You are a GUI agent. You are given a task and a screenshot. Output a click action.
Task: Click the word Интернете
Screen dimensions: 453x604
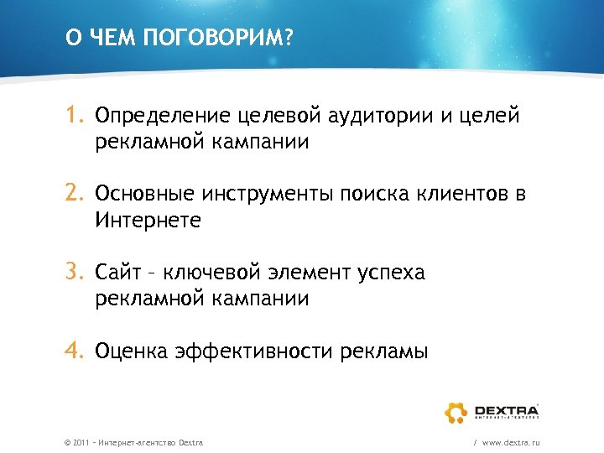148,221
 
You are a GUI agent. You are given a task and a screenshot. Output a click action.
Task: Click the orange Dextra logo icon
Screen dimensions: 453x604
457,412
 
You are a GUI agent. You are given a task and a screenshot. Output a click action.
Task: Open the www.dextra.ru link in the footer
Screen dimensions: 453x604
510,441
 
